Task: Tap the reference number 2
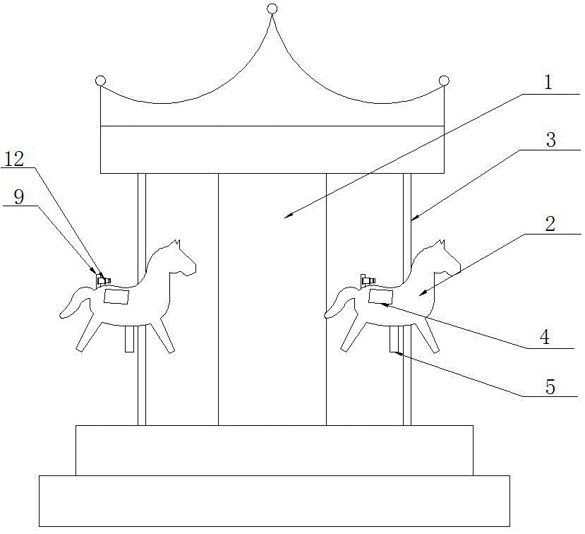coord(550,224)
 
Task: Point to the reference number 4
coord(544,337)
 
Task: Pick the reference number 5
coord(550,386)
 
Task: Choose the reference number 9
coord(19,196)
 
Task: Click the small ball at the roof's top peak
coord(272,8)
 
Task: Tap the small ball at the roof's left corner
coord(100,81)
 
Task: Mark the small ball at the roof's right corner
coord(444,81)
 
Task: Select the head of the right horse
coord(445,259)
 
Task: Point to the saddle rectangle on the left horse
coord(117,297)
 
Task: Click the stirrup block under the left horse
coord(129,339)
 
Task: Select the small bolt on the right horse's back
coord(366,280)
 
